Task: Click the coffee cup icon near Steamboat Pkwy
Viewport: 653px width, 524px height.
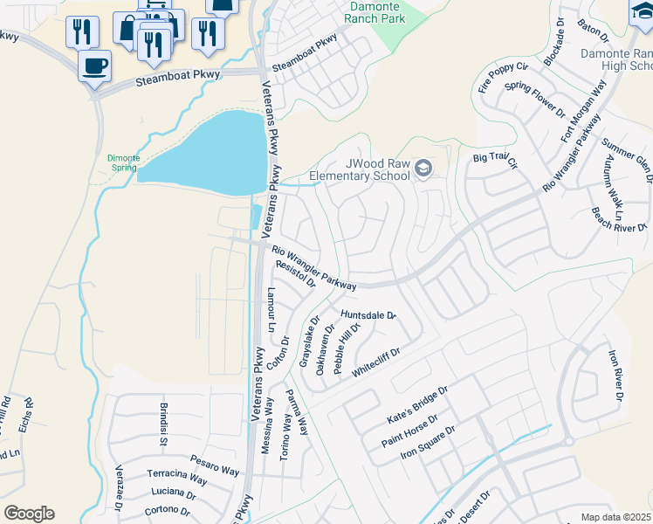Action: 94,65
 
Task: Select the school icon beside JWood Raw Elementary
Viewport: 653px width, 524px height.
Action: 423,168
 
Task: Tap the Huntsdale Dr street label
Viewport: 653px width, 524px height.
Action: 368,315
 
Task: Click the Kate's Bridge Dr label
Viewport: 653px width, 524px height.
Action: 416,408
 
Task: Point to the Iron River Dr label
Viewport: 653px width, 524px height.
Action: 615,376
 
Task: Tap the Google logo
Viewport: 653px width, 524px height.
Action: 29,514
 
